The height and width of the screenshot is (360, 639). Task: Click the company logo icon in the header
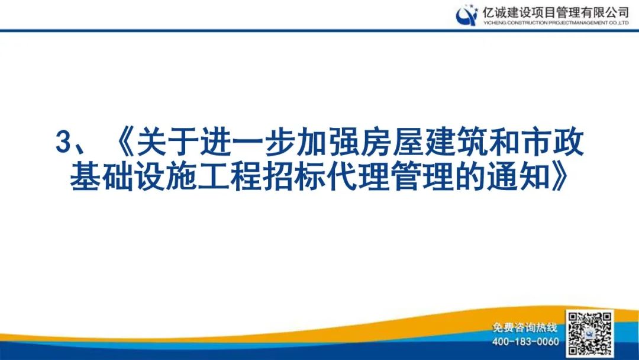click(466, 15)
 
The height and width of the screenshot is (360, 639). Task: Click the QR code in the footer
click(589, 333)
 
